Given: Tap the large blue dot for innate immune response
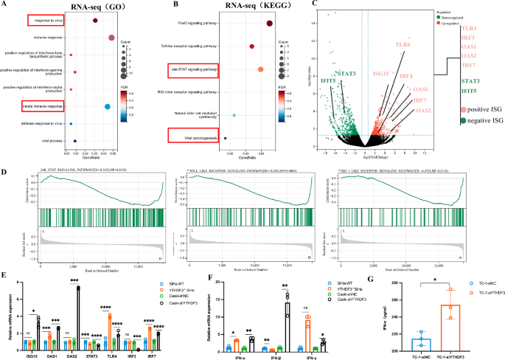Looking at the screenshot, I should [108, 107].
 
